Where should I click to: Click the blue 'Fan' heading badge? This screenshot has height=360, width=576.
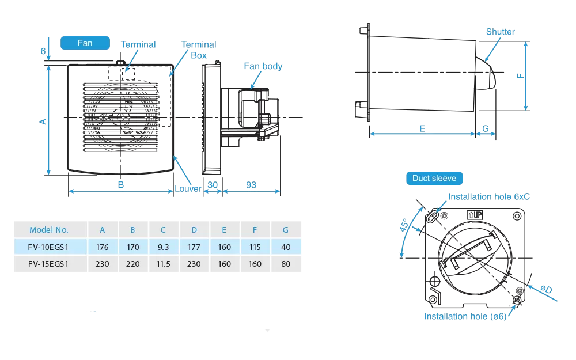tap(85, 43)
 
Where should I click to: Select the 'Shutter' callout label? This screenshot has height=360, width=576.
tap(500, 32)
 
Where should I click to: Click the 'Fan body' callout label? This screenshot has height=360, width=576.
tap(263, 66)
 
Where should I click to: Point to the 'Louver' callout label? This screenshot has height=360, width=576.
tap(188, 188)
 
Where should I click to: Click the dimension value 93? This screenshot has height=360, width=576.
tap(251, 185)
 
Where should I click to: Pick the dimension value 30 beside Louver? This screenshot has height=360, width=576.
tap(212, 185)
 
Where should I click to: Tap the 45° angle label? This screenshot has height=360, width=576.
tap(405, 225)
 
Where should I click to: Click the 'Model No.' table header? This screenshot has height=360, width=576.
tap(49, 230)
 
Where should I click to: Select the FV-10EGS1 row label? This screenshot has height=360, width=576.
tap(49, 247)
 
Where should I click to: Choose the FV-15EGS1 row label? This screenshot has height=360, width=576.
tap(49, 264)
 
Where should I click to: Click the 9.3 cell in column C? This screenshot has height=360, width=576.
tap(163, 247)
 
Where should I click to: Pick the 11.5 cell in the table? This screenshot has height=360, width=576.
tap(163, 264)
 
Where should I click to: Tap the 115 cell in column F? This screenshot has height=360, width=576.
tap(255, 247)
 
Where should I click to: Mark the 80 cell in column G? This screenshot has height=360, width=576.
tap(286, 264)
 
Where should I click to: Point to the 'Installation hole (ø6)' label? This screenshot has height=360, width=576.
tap(465, 316)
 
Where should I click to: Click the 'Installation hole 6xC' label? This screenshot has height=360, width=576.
tap(489, 196)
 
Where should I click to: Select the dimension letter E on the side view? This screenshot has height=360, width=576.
tap(422, 128)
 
